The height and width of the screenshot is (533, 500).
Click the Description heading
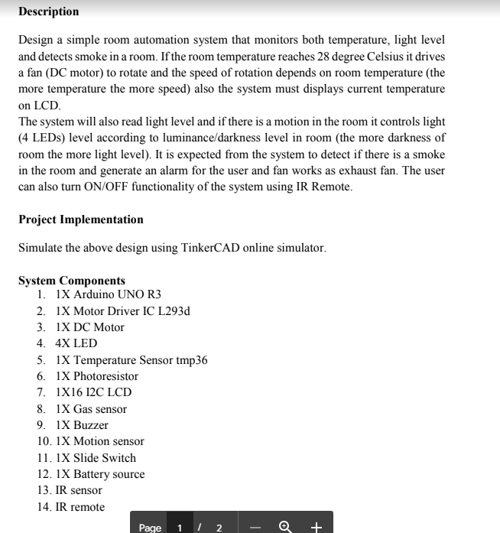48,11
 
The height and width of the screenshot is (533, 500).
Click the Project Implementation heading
80,219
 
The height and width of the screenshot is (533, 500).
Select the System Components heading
71,281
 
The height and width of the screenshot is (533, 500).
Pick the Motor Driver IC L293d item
122,311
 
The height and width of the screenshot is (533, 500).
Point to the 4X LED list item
76,343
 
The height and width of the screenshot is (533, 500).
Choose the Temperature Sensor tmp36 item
131,360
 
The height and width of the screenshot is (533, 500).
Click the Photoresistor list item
97,376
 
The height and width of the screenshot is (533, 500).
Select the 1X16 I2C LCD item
93,392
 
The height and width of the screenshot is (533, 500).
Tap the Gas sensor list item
91,409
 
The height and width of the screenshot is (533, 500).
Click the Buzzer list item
82,425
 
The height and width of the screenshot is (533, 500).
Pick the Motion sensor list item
99,441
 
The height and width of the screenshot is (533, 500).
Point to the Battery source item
100,474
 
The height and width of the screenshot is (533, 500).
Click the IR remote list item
80,507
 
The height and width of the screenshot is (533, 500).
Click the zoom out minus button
256,527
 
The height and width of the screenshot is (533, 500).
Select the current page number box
180,527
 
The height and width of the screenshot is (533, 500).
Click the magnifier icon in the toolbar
286,526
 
